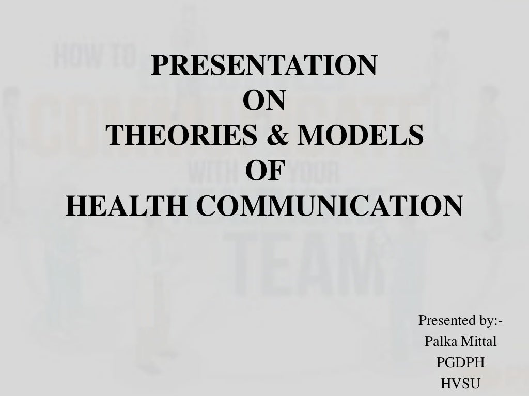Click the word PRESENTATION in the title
click(264, 65)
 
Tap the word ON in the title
click(263, 101)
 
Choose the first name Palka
click(439, 341)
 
